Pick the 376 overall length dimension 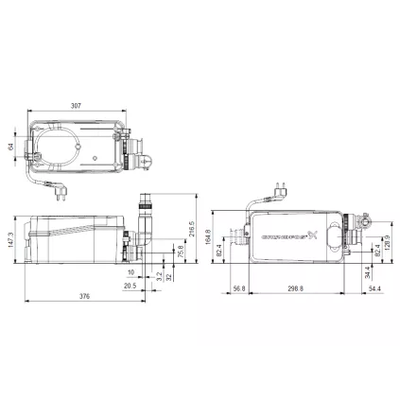(84, 296)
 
